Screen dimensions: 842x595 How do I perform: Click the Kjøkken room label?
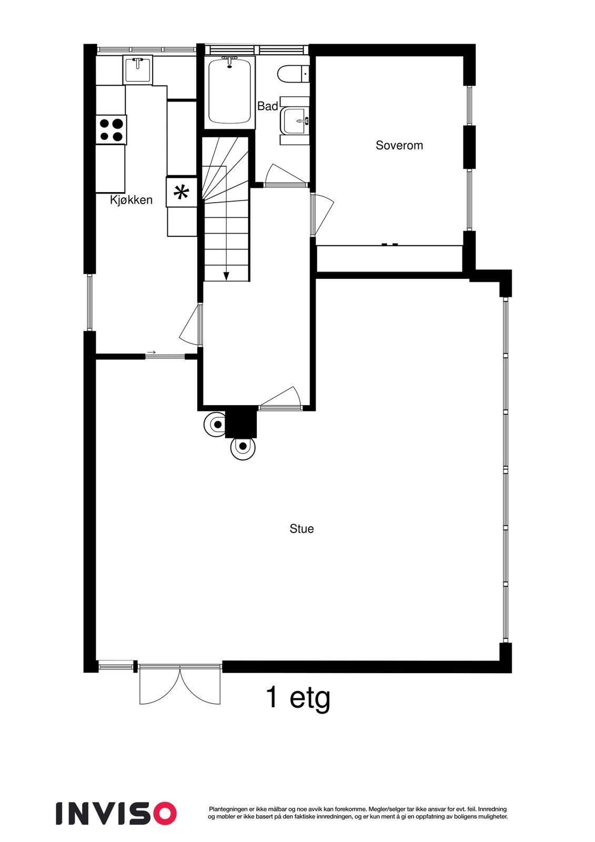[x=131, y=200]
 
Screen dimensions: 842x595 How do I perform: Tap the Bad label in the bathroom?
[x=267, y=106]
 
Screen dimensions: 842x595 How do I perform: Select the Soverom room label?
[x=399, y=145]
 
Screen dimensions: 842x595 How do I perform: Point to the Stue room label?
[x=301, y=529]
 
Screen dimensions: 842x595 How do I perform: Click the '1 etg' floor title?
[x=298, y=698]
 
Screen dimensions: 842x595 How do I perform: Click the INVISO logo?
[x=116, y=813]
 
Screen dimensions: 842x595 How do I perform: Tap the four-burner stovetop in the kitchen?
[x=111, y=129]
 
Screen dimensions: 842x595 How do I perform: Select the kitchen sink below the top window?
[x=138, y=69]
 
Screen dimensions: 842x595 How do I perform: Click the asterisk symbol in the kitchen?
[x=181, y=193]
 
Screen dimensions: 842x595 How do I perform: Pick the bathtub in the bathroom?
[x=229, y=91]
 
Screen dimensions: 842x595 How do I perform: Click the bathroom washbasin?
[x=295, y=121]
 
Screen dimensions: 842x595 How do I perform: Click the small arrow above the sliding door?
[x=152, y=352]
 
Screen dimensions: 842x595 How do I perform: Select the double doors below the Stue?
[x=180, y=684]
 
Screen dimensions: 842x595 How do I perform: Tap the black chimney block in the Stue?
[x=240, y=423]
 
